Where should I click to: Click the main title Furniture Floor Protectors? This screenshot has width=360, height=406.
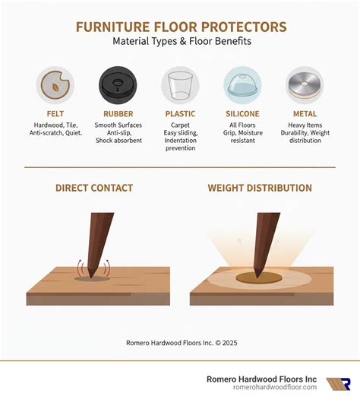(181, 27)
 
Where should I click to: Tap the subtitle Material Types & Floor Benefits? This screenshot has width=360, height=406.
(181, 41)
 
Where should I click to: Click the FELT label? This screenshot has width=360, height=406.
(55, 113)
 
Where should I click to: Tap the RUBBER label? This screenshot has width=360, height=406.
(118, 113)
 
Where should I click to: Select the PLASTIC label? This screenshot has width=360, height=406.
(180, 113)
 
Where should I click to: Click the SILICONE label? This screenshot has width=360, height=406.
(242, 113)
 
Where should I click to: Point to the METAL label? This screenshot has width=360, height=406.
(305, 113)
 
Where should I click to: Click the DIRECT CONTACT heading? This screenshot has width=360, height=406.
(94, 188)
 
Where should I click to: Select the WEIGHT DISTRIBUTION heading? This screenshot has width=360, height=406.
(260, 188)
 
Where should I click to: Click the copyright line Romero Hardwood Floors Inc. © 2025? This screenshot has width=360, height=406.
(182, 343)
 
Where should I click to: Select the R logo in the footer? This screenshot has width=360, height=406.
(338, 384)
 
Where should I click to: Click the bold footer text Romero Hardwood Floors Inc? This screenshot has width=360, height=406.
(261, 379)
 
